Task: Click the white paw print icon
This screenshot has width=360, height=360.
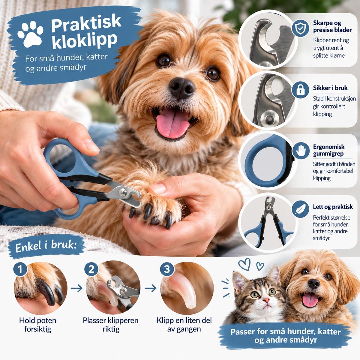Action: tap(30, 34)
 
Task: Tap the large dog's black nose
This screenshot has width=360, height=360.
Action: tap(182, 88)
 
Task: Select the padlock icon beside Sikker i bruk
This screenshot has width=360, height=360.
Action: tap(300, 90)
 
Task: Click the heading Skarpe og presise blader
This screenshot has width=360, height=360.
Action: tap(332, 26)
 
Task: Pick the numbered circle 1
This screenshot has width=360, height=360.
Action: tap(20, 269)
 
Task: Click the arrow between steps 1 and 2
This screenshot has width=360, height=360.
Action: tap(76, 288)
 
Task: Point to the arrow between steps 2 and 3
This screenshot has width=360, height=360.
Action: tap(151, 288)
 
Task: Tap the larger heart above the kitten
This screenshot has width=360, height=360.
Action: tap(245, 264)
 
